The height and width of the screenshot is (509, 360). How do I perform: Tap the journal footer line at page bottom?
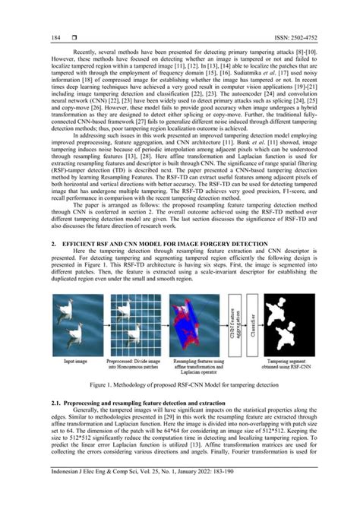click(x=180, y=495)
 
